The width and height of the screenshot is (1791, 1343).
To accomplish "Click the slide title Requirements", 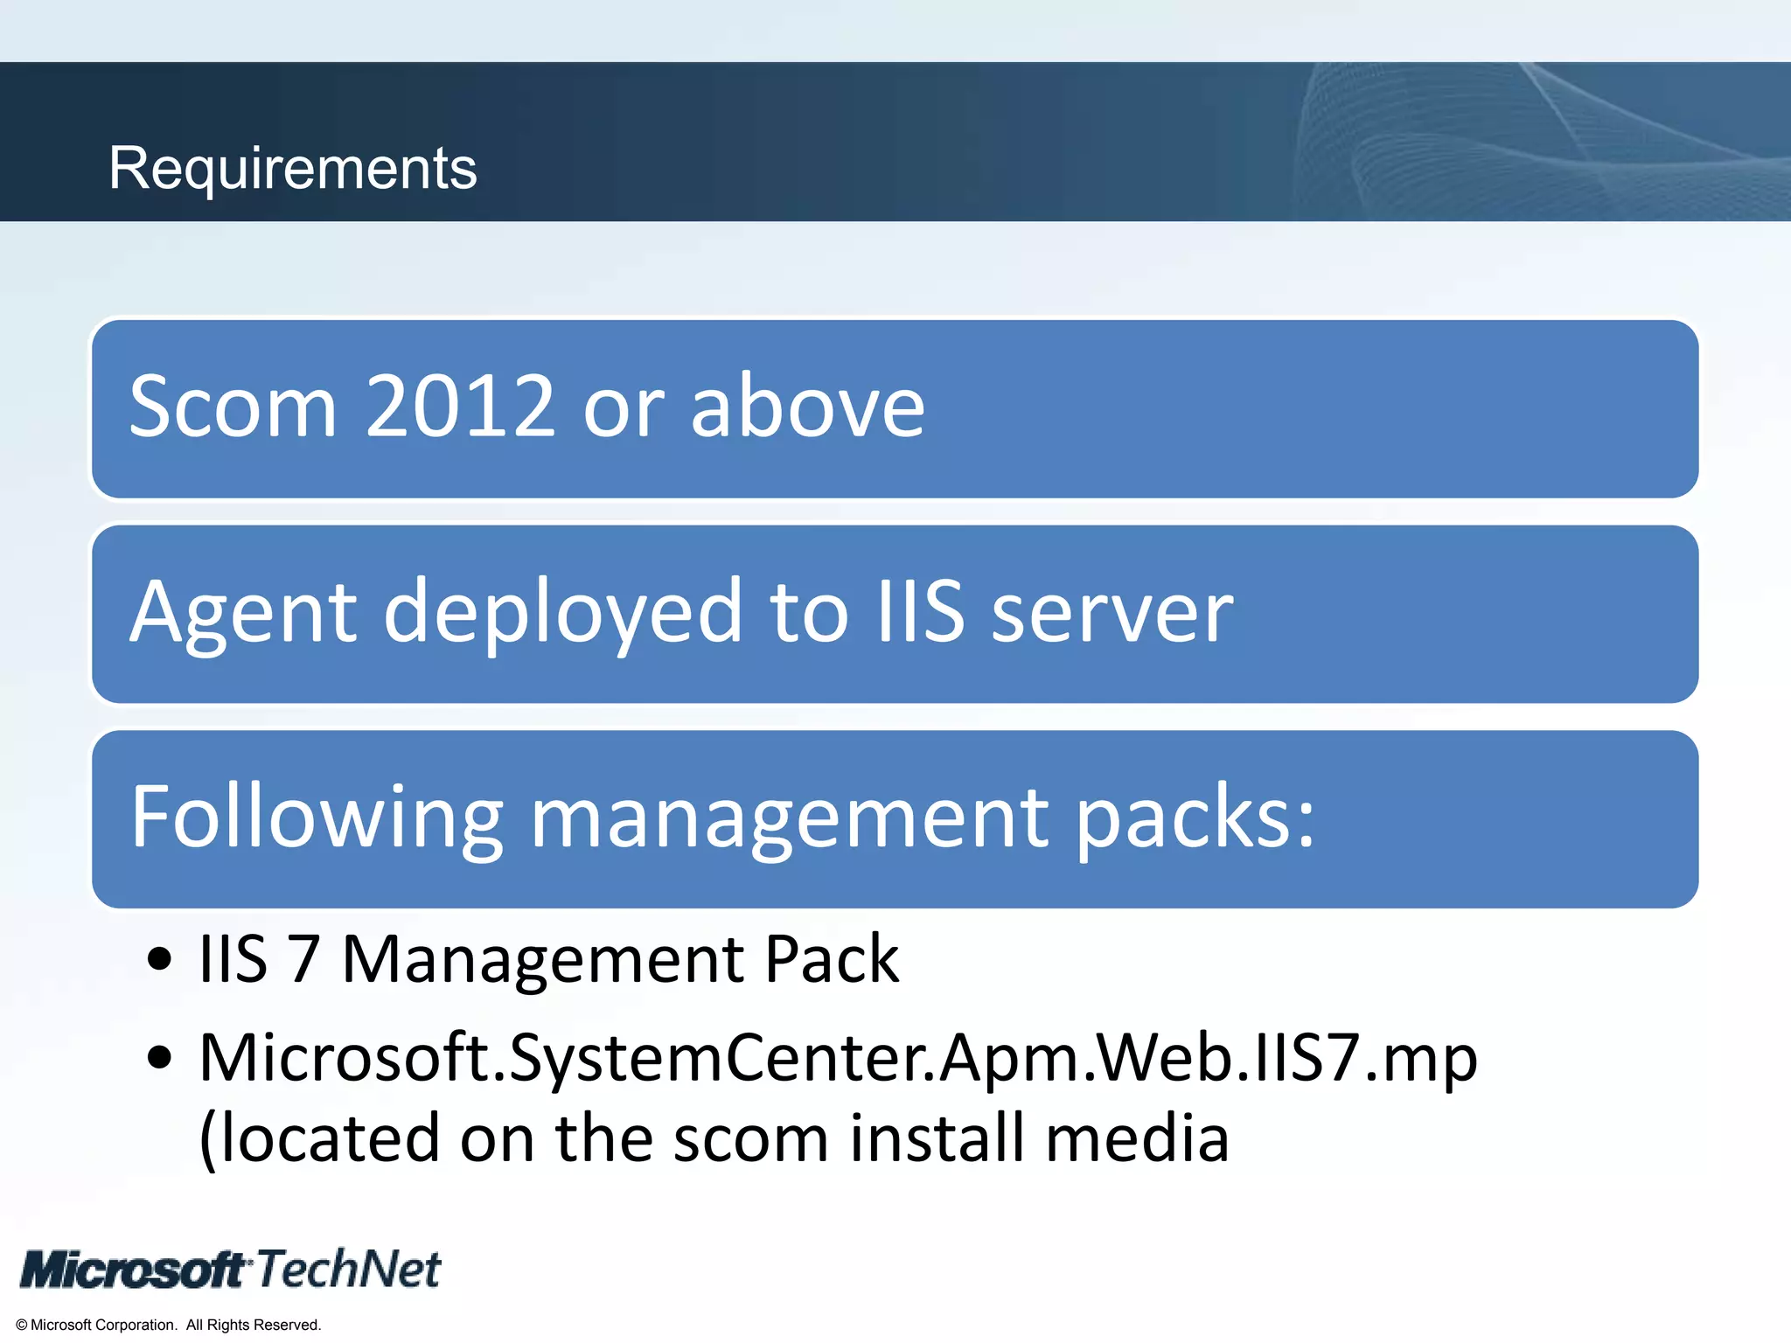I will coord(292,168).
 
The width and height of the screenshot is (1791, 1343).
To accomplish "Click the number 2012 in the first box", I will coord(460,407).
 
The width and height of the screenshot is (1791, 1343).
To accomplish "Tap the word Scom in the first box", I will coord(233,407).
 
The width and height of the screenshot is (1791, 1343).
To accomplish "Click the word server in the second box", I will coord(1112,612).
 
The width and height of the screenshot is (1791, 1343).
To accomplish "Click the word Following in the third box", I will coord(317,818).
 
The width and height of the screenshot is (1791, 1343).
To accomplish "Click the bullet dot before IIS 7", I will coord(159,959).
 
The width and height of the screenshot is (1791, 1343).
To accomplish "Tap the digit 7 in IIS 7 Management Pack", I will coord(303,959).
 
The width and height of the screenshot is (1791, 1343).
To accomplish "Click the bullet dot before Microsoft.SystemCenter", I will coord(159,1058).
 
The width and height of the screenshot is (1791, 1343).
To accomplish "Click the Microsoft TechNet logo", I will coord(231,1270).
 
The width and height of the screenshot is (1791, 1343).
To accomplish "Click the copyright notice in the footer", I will coord(168,1325).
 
